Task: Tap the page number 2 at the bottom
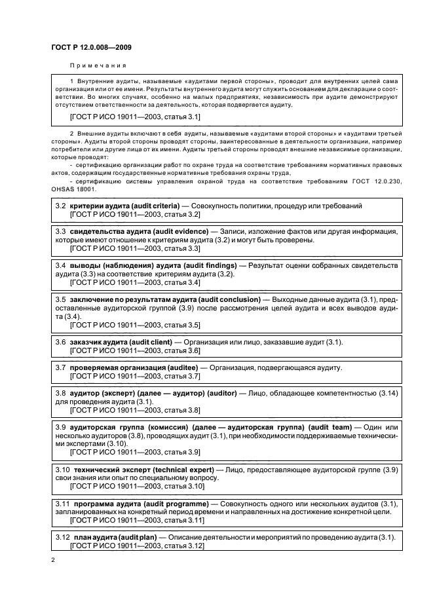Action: (x=54, y=560)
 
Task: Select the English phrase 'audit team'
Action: (x=331, y=427)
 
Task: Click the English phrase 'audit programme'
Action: (x=179, y=503)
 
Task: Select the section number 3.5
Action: (x=60, y=299)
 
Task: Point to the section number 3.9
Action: (x=60, y=427)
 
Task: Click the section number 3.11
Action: (x=62, y=503)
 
